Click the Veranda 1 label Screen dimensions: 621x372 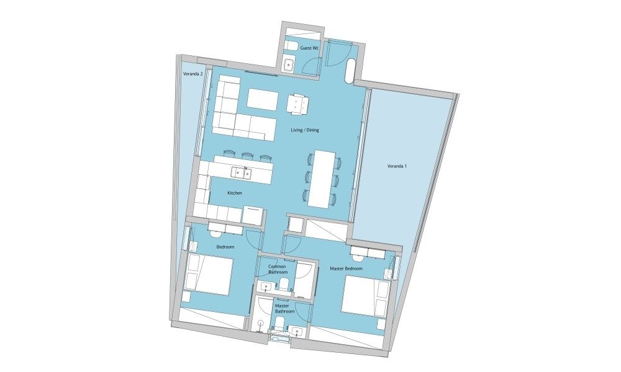pyautogui.click(x=396, y=166)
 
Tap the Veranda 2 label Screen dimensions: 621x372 pyautogui.click(x=193, y=74)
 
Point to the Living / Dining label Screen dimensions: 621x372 pyautogui.click(x=304, y=130)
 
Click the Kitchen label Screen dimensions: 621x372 pyautogui.click(x=235, y=193)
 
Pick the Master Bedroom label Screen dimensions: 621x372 pyautogui.click(x=346, y=269)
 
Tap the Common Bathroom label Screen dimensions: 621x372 pyautogui.click(x=277, y=269)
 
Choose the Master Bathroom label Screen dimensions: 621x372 pyautogui.click(x=285, y=309)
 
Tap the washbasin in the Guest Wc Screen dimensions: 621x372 pyautogui.click(x=288, y=64)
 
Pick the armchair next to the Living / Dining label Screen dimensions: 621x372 pyautogui.click(x=298, y=104)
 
